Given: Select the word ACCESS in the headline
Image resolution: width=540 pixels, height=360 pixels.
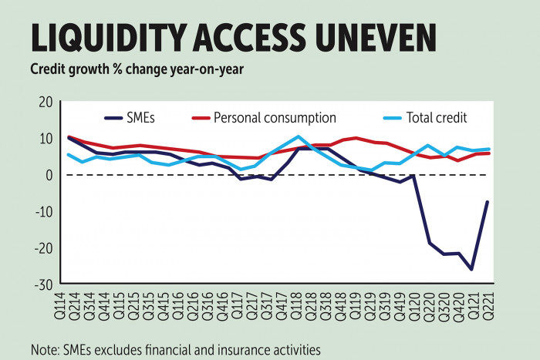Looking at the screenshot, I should click(247, 37).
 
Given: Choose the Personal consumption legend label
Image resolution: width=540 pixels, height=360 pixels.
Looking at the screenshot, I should click(275, 118).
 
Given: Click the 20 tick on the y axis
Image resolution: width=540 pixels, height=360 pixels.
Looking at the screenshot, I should click(45, 102).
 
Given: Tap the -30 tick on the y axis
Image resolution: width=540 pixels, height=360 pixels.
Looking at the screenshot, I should click(42, 284).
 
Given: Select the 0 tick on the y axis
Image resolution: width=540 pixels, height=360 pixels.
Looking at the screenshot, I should click(49, 175).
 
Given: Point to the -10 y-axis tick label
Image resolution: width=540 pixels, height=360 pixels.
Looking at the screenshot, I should click(42, 211).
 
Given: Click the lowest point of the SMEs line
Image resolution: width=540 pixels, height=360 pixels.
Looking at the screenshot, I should click(471, 269).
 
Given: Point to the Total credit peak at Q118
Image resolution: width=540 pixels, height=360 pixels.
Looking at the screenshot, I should click(298, 136).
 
